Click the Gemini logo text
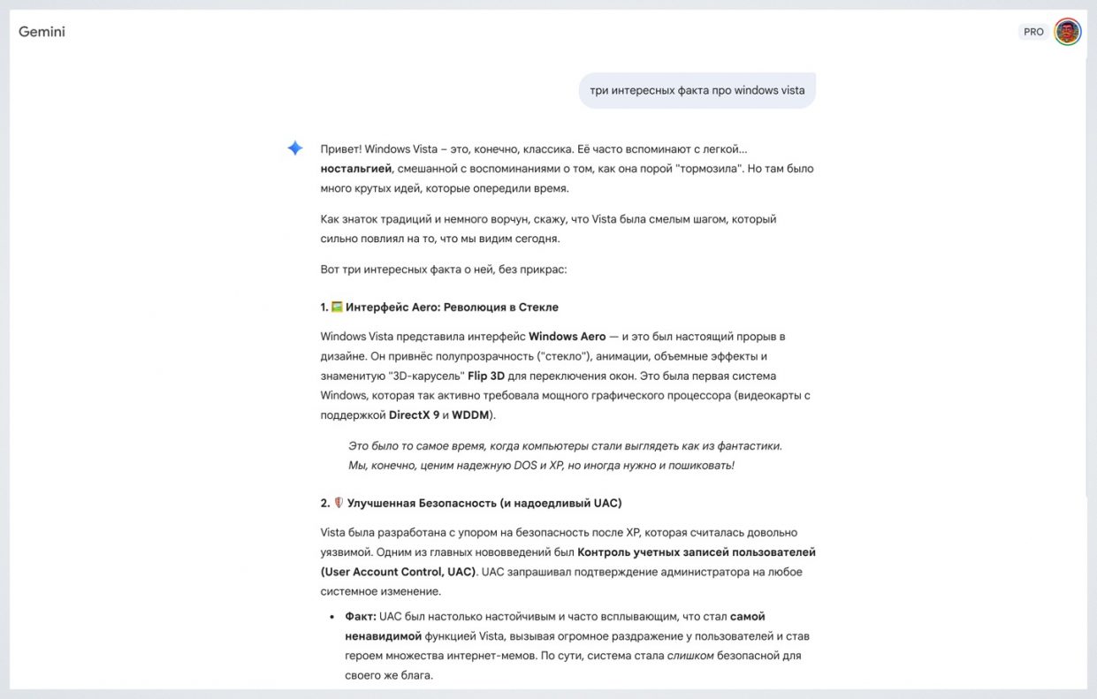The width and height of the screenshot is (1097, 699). [x=42, y=32]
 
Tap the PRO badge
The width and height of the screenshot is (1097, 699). [x=1033, y=32]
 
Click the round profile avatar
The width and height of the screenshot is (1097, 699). [x=1068, y=32]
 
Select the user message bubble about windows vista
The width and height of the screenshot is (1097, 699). [x=697, y=90]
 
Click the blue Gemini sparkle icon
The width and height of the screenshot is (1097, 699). [x=295, y=148]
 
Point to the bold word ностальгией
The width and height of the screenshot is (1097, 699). [x=356, y=168]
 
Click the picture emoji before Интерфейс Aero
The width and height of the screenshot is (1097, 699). [x=336, y=308]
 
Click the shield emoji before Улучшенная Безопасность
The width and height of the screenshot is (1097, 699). [x=338, y=503]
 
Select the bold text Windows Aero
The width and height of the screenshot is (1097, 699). [x=567, y=337]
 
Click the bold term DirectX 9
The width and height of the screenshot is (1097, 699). [x=414, y=414]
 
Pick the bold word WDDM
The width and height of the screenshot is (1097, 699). [x=470, y=414]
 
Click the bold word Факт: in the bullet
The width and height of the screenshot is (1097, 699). [x=361, y=617]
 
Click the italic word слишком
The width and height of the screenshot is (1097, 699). [x=689, y=656]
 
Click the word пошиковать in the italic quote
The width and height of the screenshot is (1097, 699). [x=700, y=466]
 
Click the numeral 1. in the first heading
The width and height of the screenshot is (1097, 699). [x=324, y=308]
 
